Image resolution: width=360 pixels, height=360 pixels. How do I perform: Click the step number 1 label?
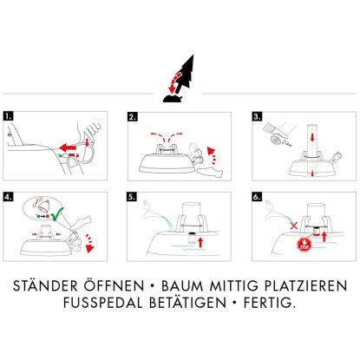[9, 116]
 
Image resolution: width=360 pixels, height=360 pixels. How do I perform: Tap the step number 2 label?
[133, 116]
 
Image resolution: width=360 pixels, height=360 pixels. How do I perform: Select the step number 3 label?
[257, 116]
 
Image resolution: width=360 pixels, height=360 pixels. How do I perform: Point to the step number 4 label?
[9, 197]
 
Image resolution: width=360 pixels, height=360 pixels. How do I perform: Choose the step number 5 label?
[132, 197]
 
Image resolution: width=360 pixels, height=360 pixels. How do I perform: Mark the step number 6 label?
[257, 197]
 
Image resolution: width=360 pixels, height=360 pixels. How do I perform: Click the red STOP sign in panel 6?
[304, 245]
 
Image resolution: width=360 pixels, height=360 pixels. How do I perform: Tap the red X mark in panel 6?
[294, 226]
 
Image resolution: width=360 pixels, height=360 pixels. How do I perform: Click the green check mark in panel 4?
[58, 213]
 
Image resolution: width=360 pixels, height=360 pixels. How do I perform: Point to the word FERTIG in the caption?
[270, 303]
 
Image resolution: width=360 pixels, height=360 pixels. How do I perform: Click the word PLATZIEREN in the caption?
[306, 286]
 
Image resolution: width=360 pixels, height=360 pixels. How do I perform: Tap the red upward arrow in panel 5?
[200, 242]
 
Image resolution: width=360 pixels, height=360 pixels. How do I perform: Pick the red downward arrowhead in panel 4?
[90, 248]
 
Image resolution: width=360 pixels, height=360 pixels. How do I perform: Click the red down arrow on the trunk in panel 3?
[312, 137]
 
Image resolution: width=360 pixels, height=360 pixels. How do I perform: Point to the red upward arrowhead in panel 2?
[212, 151]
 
